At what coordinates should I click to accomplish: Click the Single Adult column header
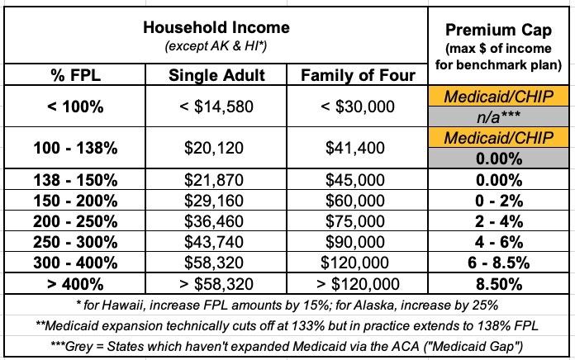pos(216,75)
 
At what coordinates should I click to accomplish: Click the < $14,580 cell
pos(216,107)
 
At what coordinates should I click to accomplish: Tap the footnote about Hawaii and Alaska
pos(287,305)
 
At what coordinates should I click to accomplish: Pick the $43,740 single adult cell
pos(216,243)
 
